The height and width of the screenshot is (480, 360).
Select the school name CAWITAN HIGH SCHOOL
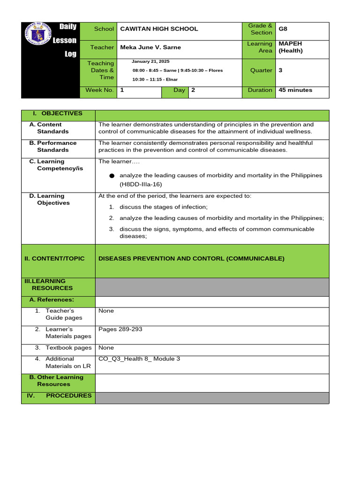pyautogui.click(x=159, y=29)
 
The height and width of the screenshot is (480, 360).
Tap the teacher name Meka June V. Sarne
pyautogui.click(x=150, y=47)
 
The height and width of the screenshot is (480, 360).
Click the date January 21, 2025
pyautogui.click(x=151, y=61)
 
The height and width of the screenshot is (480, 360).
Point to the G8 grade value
pyautogui.click(x=283, y=29)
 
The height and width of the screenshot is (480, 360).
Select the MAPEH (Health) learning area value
pyautogui.click(x=291, y=47)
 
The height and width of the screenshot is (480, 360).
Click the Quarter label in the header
pyautogui.click(x=261, y=70)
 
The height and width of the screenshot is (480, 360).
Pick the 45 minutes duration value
pyautogui.click(x=295, y=90)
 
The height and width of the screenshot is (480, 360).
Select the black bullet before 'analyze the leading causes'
pyautogui.click(x=112, y=176)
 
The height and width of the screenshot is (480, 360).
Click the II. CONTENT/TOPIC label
pyautogui.click(x=54, y=258)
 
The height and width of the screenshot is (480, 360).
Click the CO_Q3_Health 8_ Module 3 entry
pyautogui.click(x=139, y=359)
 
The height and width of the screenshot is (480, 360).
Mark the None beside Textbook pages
pyautogui.click(x=106, y=348)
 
